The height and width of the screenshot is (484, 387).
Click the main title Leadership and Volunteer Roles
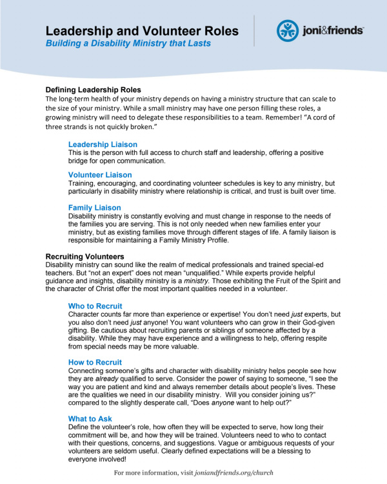click(142, 30)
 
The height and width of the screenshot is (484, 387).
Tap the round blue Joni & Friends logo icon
click(287, 30)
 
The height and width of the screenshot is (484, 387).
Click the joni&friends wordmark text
click(332, 30)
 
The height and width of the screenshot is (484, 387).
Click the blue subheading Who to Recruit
click(95, 306)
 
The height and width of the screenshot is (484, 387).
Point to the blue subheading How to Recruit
click(95, 363)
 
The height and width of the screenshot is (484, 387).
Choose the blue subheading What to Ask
click(90, 419)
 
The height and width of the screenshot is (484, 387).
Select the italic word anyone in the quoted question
click(226, 404)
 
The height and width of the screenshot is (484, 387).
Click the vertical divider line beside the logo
click(253, 30)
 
